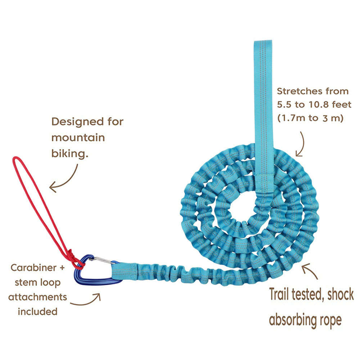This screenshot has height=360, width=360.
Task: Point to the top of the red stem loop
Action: pyautogui.click(x=15, y=158)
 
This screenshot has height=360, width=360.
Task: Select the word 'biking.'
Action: pyautogui.click(x=69, y=154)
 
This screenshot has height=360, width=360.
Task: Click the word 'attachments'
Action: pyautogui.click(x=37, y=297)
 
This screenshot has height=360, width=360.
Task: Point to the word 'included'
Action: pyautogui.click(x=37, y=311)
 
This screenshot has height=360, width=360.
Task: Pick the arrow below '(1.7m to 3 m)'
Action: pyautogui.click(x=300, y=144)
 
